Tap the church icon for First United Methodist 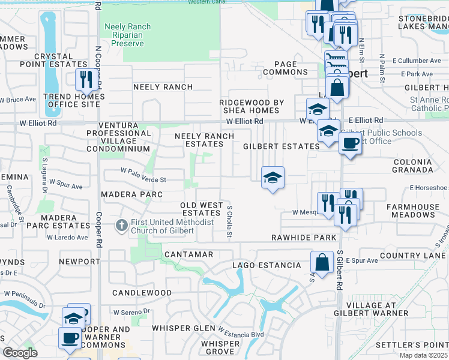pyautogui.click(x=121, y=226)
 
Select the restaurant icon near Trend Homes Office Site pyautogui.click(x=84, y=80)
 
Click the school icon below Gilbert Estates pyautogui.click(x=273, y=178)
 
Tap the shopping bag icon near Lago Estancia pyautogui.click(x=322, y=262)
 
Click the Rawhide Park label pyautogui.click(x=304, y=238)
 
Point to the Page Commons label pyautogui.click(x=282, y=68)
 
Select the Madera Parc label pyautogui.click(x=131, y=194)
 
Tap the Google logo pyautogui.click(x=20, y=353)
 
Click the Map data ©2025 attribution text pyautogui.click(x=423, y=355)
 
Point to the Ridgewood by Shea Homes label pyautogui.click(x=252, y=106)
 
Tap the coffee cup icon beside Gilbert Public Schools pyautogui.click(x=349, y=144)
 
